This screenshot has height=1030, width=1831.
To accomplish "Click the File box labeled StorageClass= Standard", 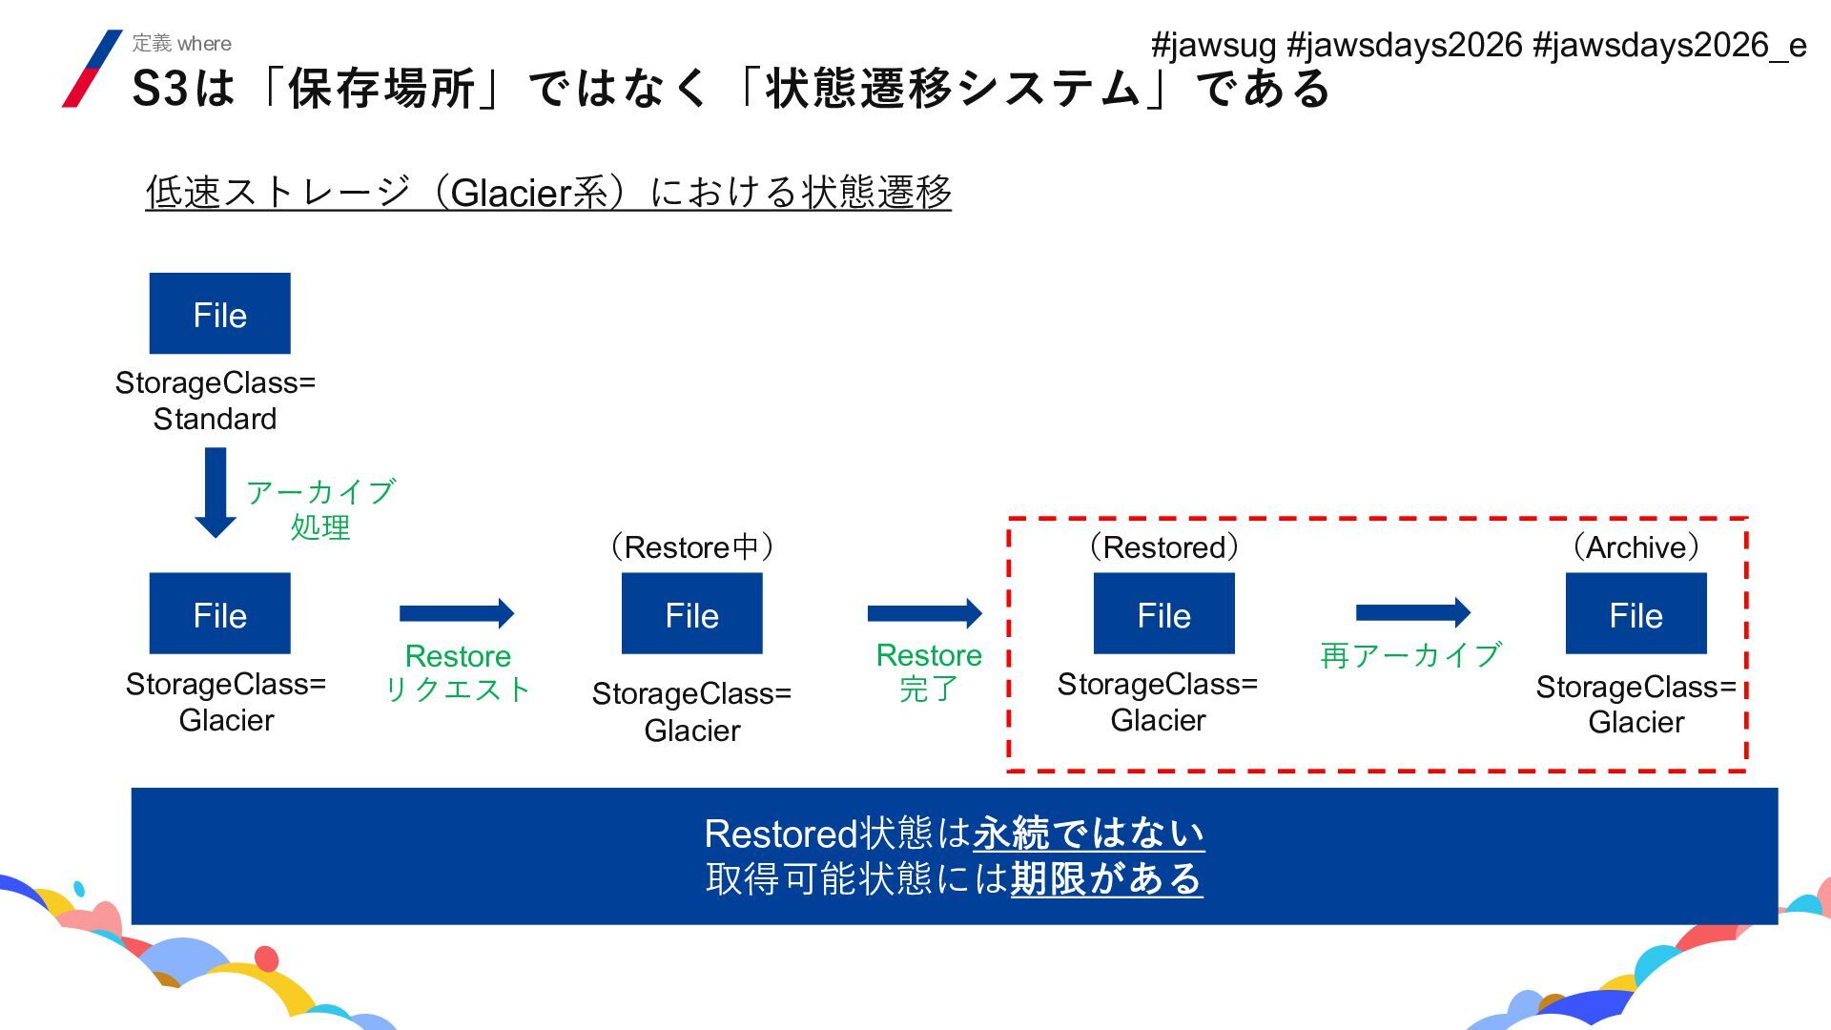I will pos(219,314).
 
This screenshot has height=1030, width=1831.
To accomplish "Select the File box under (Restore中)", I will pos(691,613).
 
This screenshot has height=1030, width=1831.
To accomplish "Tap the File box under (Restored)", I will pos(1163,613).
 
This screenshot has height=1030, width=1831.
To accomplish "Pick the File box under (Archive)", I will pos(1636,613).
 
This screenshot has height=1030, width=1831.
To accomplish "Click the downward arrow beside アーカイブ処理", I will pos(216,492).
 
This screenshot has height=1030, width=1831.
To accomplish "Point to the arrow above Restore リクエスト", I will pos(457,613).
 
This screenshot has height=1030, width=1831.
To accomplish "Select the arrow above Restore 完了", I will pos(924,613).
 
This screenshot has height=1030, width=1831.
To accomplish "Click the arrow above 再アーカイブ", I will pos(1412,611).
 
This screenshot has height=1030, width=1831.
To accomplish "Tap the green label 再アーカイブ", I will pos(1410,655).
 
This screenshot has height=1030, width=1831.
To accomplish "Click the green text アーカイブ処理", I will pos(320,509).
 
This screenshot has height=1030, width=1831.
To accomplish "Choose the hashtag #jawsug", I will pos(1213,45).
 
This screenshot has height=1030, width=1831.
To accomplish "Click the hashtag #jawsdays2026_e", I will pos(1669,45).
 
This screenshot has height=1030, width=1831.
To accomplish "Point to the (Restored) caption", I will pos(1163,547).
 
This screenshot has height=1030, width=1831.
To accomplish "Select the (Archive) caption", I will pos(1636,547).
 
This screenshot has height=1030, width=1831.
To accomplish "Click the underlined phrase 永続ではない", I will pos(1088,834).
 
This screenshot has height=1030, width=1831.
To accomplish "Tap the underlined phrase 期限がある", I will pos(1106,878).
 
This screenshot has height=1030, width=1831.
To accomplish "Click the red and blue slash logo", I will pos(92,69).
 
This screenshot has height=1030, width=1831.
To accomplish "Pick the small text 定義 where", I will pos(181,43).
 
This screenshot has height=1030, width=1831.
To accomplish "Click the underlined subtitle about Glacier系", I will pos(548,192).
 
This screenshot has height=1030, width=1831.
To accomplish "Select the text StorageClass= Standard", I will pos(216,401).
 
